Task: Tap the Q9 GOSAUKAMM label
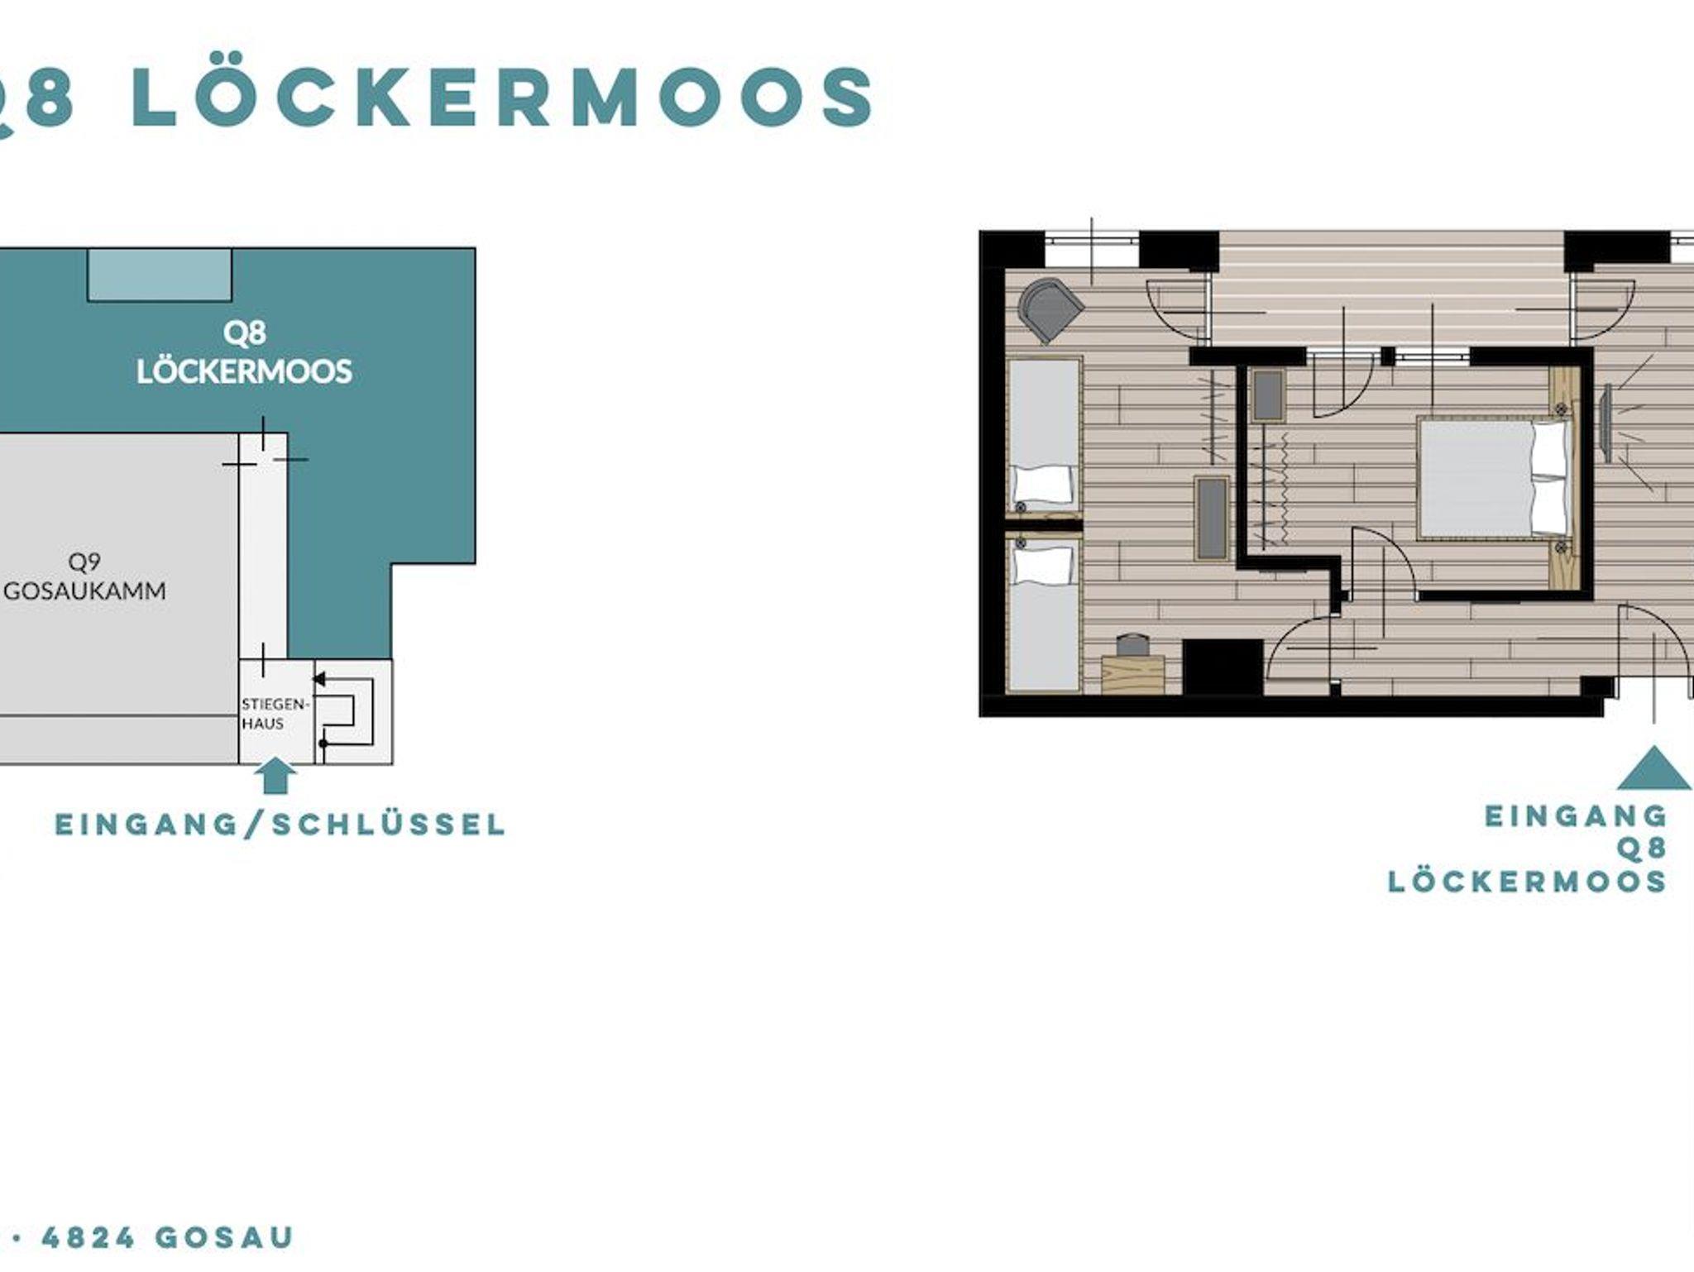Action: (x=85, y=576)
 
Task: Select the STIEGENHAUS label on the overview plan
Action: (x=275, y=714)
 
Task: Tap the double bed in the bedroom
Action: (x=1494, y=478)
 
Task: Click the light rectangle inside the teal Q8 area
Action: (x=160, y=275)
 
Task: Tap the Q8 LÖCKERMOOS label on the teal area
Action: (x=245, y=352)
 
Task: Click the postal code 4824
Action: (x=89, y=1237)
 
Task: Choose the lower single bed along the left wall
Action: (x=1045, y=612)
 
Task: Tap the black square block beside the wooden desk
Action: (x=1223, y=666)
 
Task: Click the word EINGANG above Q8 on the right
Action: (x=1577, y=816)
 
